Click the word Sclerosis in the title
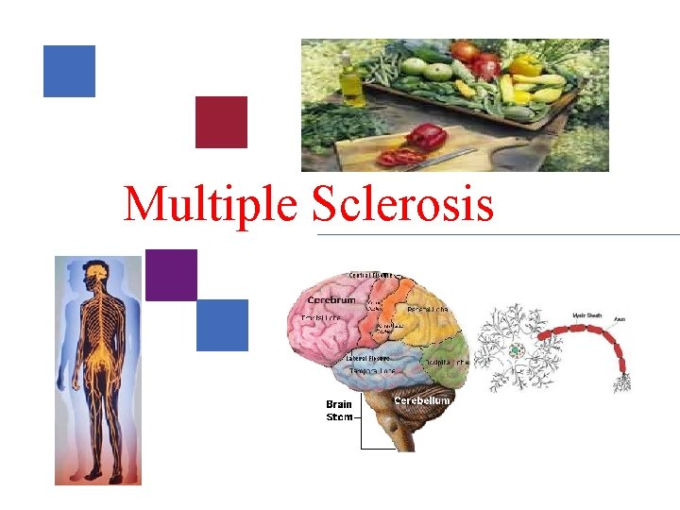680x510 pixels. (402, 203)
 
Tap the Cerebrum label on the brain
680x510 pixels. (331, 300)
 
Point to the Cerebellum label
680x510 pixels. (421, 399)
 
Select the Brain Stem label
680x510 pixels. (340, 411)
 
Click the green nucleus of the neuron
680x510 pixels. (515, 350)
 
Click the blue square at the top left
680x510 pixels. (69, 71)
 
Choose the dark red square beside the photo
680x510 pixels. (221, 122)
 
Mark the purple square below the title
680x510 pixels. (171, 275)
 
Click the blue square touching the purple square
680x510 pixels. (222, 325)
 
